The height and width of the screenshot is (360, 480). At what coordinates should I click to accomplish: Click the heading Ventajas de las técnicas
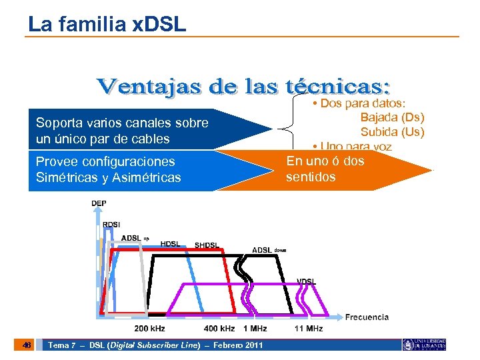(244, 87)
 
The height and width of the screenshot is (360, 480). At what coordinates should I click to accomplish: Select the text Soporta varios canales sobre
(122, 123)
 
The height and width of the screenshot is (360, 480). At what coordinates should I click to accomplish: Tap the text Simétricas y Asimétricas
(108, 177)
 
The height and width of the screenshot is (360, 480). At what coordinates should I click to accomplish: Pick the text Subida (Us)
(392, 131)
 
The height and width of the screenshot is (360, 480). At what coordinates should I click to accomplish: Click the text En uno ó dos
(325, 161)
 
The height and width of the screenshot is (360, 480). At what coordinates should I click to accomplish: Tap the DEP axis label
(99, 203)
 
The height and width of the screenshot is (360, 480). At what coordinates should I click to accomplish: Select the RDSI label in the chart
(111, 224)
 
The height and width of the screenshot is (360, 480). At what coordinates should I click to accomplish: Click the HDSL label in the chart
(170, 244)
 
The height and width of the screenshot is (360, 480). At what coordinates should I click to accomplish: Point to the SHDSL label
(207, 245)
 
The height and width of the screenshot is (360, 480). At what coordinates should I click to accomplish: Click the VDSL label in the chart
(307, 281)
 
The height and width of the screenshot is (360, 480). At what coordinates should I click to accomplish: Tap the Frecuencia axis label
(367, 317)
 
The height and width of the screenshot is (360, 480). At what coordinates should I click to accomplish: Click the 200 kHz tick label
(149, 329)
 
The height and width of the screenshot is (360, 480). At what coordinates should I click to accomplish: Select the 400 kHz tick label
(219, 329)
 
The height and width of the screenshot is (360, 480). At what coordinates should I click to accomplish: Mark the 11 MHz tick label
(309, 329)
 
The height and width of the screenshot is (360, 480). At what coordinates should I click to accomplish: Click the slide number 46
(26, 345)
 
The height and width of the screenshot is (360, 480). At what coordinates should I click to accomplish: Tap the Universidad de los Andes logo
(424, 345)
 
